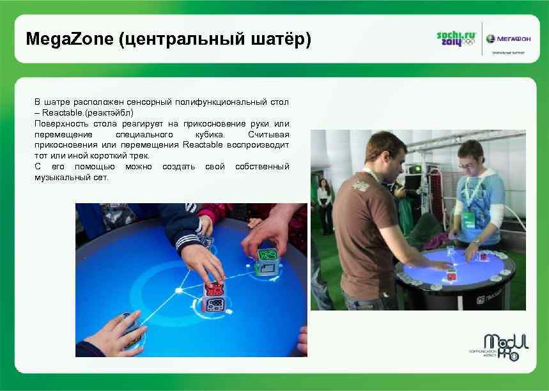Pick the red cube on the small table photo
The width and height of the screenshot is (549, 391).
click(452, 275)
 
